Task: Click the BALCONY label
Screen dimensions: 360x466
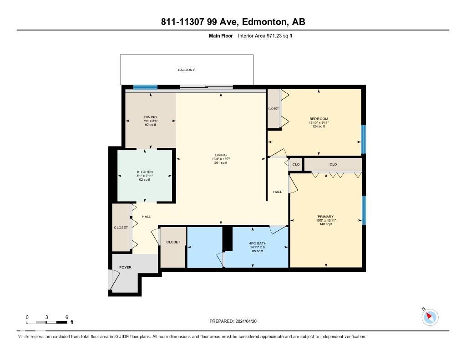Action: pos(186,70)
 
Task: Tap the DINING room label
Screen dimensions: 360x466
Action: pos(150,117)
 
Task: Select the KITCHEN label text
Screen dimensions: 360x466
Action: pos(145,172)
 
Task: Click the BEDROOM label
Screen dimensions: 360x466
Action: pos(318,119)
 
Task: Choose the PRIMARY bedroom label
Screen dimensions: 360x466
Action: pos(326,217)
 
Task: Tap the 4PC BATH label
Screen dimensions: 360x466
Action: pos(258,243)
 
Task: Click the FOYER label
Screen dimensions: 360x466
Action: pos(125,267)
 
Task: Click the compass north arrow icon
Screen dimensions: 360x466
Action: pos(430,317)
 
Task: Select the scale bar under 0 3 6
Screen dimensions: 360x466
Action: pos(46,323)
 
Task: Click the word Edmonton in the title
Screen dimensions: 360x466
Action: pos(263,22)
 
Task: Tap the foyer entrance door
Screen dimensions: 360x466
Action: pos(112,279)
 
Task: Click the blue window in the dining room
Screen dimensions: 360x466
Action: pos(145,87)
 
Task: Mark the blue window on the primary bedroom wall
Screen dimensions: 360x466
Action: pos(364,210)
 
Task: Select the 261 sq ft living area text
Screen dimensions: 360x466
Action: pos(220,162)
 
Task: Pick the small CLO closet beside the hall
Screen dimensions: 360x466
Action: pos(296,164)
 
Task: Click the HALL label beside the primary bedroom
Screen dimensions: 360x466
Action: pos(278,192)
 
